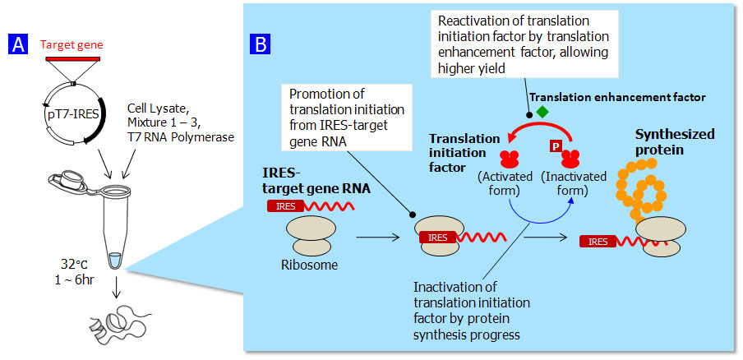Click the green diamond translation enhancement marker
pyautogui.click(x=542, y=111)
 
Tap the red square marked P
pyautogui.click(x=556, y=147)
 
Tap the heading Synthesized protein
pyautogui.click(x=674, y=141)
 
